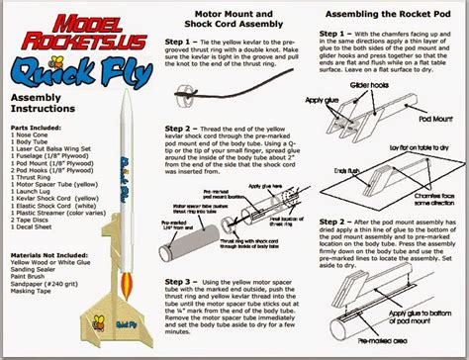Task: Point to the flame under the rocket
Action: pyautogui.click(x=120, y=295)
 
